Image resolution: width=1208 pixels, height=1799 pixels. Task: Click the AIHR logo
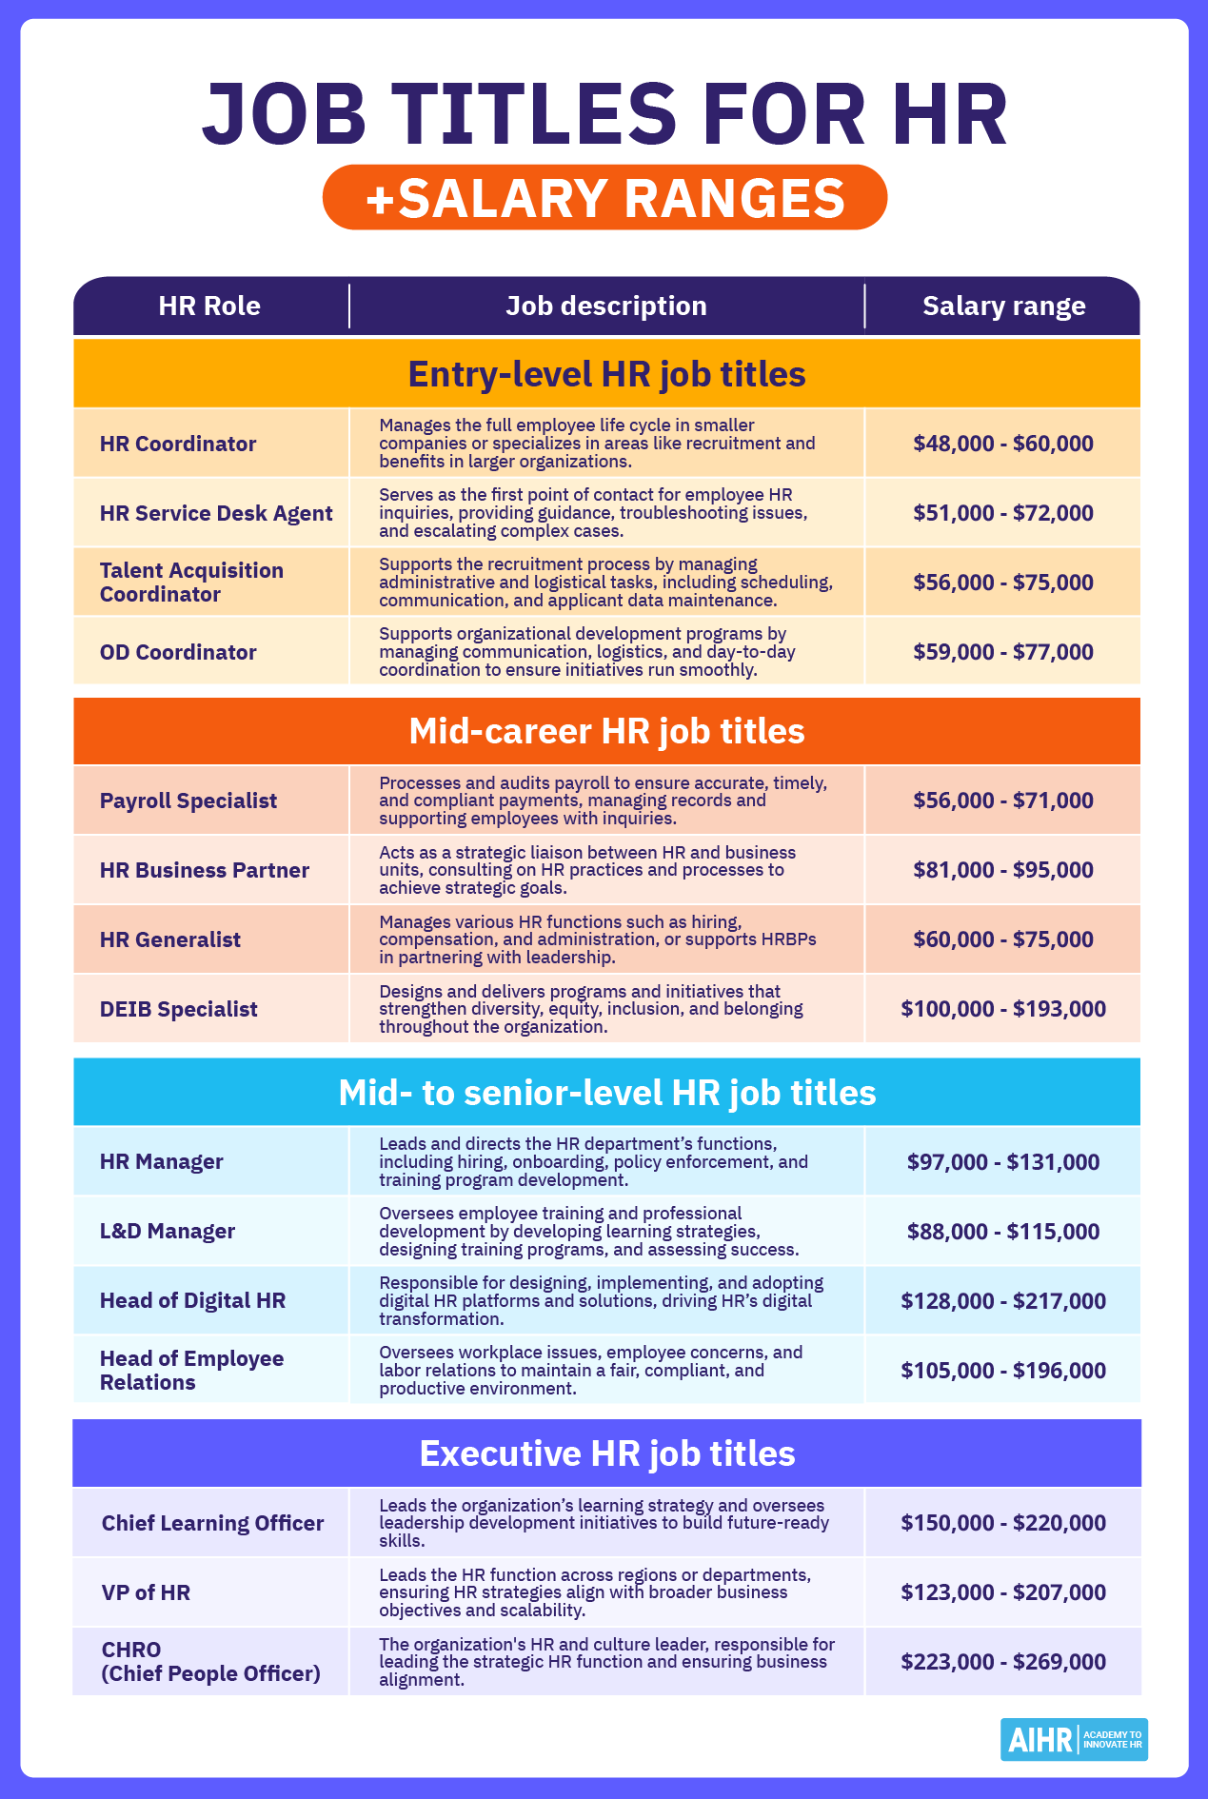(x=1073, y=1740)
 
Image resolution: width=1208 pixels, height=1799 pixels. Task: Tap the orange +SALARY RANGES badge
(x=604, y=198)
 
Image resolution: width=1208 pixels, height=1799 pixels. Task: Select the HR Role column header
(x=209, y=306)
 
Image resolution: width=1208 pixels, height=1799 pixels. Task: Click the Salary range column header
(x=1003, y=306)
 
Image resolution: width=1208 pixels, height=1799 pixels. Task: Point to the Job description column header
(x=606, y=306)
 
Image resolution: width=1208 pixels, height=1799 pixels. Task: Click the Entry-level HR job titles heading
(x=606, y=374)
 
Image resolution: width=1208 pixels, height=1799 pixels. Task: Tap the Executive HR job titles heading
(x=606, y=1453)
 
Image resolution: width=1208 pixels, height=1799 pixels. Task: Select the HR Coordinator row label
(x=178, y=444)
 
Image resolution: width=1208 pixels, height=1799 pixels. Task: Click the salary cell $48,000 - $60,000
(x=1003, y=444)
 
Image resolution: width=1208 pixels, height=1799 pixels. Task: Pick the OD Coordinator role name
(x=178, y=652)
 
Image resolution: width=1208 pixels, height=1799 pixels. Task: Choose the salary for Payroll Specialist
(x=1003, y=801)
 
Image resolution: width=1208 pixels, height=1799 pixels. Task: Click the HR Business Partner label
(x=205, y=870)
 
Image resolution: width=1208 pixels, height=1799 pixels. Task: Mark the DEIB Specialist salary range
(x=1003, y=1009)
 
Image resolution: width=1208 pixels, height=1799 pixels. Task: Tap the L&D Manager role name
(x=168, y=1231)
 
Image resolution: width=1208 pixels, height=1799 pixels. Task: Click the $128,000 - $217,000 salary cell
(x=1003, y=1301)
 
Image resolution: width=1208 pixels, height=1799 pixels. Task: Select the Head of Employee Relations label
(x=191, y=1371)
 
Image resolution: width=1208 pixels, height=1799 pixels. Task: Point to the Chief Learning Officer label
(x=212, y=1523)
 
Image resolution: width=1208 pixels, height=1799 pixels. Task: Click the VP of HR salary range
(x=1003, y=1592)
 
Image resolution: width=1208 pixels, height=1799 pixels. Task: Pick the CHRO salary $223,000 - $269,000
(x=1003, y=1662)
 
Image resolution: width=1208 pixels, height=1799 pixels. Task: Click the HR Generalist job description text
(x=598, y=939)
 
